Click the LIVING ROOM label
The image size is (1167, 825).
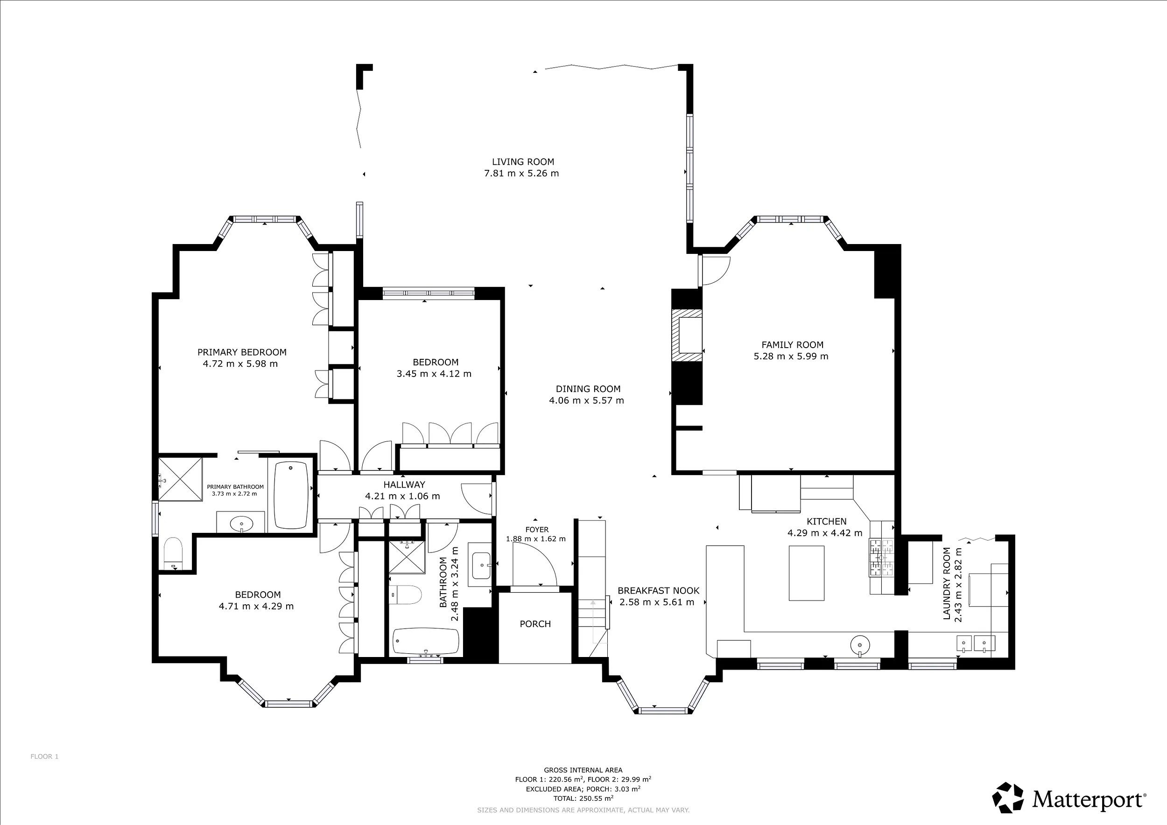[x=523, y=162]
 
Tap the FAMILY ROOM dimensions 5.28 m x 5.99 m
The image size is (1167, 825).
[x=791, y=357]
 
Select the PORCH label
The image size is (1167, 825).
[x=535, y=624]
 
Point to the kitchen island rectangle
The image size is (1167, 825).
[x=807, y=573]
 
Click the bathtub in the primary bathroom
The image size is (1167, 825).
[x=291, y=495]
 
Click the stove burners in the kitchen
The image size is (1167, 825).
[x=881, y=558]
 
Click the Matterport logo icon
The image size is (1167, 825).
[x=1008, y=797]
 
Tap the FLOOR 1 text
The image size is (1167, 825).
[x=44, y=756]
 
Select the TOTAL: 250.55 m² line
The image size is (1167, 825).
[x=583, y=798]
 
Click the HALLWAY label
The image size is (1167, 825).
[x=404, y=485]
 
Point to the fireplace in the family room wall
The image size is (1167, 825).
[x=687, y=336]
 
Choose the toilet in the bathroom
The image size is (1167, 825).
[x=406, y=595]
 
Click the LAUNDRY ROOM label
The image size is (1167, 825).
[x=946, y=584]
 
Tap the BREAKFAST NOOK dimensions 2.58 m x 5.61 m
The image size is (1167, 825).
[x=657, y=602]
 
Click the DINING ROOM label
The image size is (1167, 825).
[x=588, y=389]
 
